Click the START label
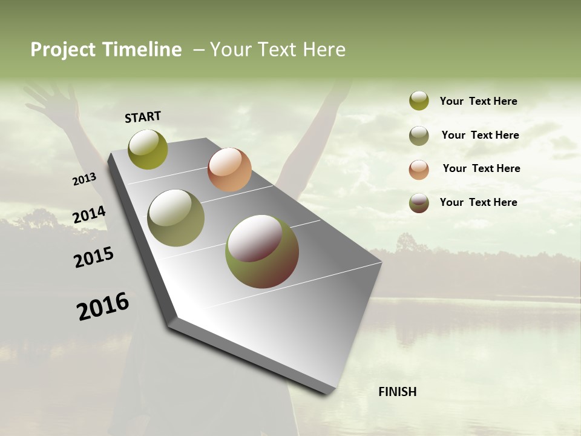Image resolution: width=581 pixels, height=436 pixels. [x=143, y=117]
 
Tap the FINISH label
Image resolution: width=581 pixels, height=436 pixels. [x=397, y=392]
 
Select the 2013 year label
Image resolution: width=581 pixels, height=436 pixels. [x=84, y=179]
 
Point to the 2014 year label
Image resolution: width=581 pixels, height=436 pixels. [x=89, y=215]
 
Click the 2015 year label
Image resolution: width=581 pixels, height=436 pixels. [x=94, y=257]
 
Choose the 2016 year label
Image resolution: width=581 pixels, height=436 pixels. [x=103, y=306]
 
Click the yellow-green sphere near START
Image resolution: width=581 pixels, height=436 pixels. [x=148, y=149]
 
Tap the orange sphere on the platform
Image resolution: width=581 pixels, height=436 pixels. [x=229, y=170]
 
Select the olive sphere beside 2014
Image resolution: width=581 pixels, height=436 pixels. [x=176, y=218]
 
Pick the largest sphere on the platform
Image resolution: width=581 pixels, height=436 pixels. [x=262, y=251]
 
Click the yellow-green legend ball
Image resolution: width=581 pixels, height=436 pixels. [x=419, y=101]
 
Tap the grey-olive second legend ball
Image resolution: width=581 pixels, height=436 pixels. [x=419, y=136]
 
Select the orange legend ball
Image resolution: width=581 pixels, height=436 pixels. [x=419, y=170]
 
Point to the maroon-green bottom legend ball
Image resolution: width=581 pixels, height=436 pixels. [x=419, y=203]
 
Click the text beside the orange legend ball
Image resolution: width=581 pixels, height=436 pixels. [x=481, y=168]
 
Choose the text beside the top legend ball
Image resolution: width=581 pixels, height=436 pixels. [x=478, y=101]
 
